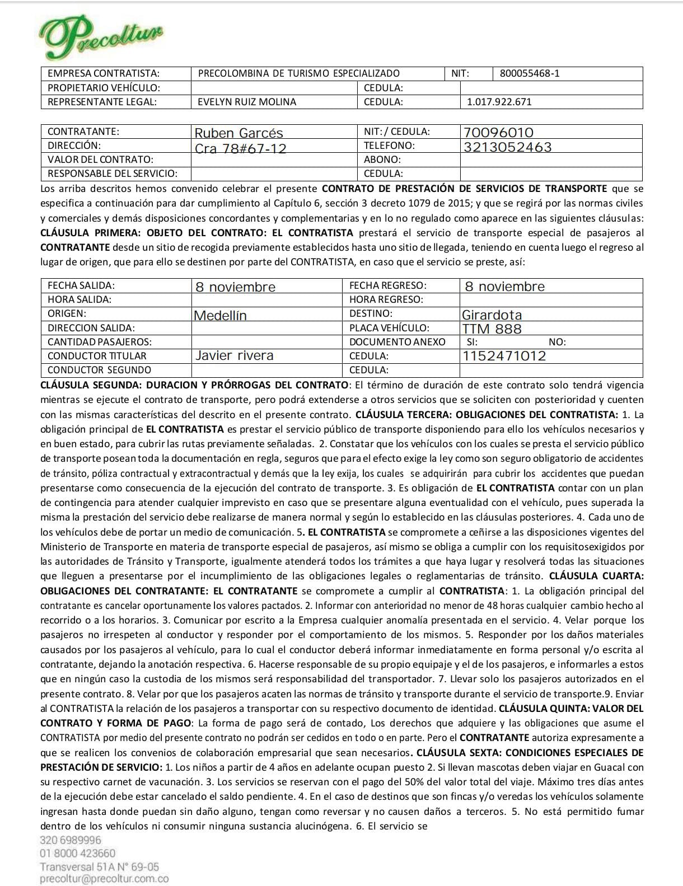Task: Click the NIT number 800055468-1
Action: click(x=529, y=73)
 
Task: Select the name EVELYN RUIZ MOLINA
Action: click(x=247, y=102)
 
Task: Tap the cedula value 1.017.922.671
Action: click(x=499, y=102)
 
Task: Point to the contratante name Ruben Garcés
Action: click(x=238, y=133)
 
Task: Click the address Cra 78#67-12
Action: click(x=240, y=148)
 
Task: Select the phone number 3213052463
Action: click(x=507, y=147)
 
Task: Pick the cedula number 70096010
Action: click(x=498, y=133)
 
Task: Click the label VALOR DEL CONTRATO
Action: click(x=100, y=160)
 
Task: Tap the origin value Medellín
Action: click(x=220, y=315)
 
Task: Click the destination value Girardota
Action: click(x=492, y=315)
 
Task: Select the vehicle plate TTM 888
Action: click(x=492, y=329)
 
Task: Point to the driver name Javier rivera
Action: click(x=234, y=355)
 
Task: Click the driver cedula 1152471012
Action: click(x=504, y=356)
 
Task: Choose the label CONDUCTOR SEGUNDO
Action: click(x=99, y=370)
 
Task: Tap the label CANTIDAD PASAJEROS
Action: click(x=100, y=342)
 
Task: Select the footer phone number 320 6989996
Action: click(x=71, y=840)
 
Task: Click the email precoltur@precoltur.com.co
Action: click(x=104, y=879)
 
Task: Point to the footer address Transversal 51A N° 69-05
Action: click(x=99, y=866)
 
